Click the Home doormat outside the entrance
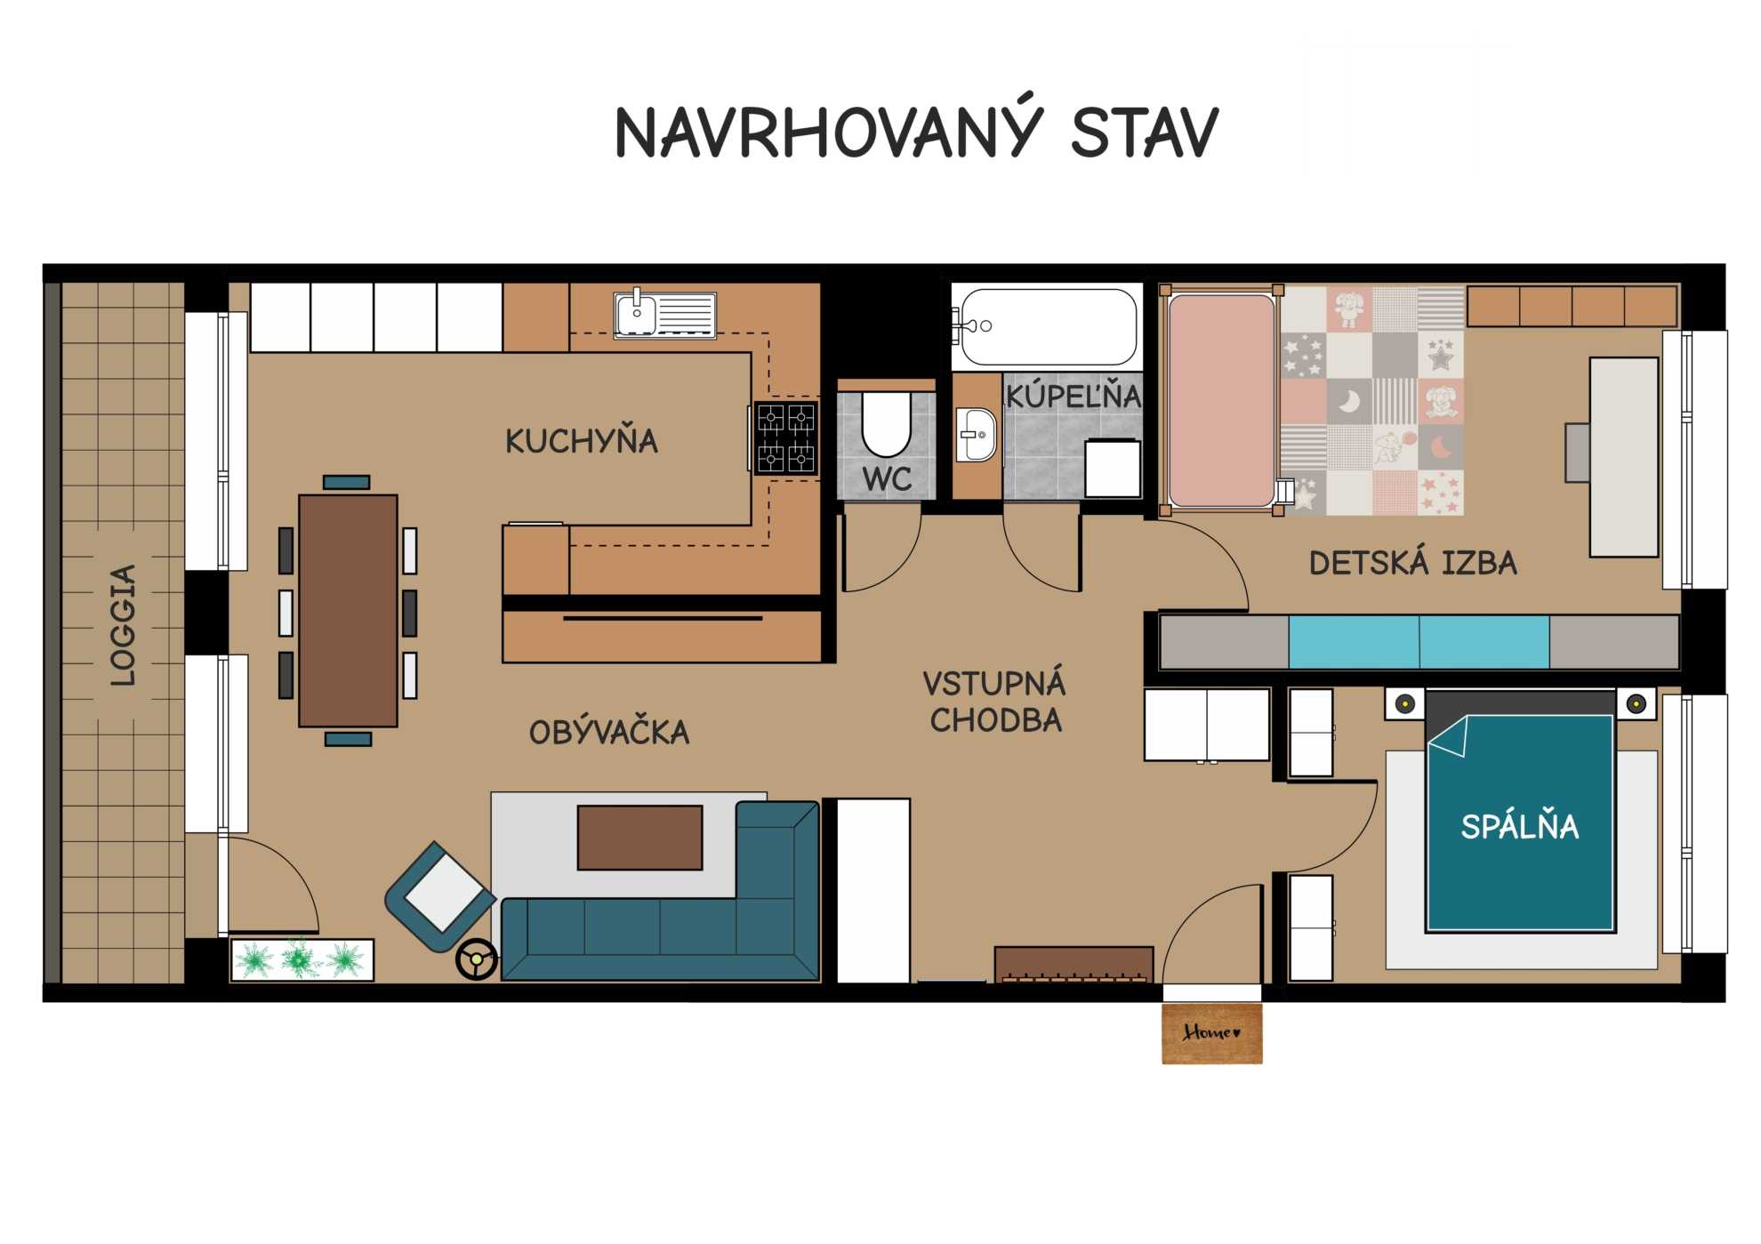click(x=1211, y=1032)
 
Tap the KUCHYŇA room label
click(x=582, y=440)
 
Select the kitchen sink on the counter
click(x=665, y=314)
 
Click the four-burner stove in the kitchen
click(x=786, y=437)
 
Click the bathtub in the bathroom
click(x=1048, y=326)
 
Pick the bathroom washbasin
click(x=977, y=435)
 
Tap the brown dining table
click(x=348, y=611)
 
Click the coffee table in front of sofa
click(x=640, y=838)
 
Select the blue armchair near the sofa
click(x=439, y=896)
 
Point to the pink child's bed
click(x=1221, y=400)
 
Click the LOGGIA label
click(x=123, y=624)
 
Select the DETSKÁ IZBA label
click(x=1413, y=563)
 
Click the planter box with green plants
click(x=302, y=959)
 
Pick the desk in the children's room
click(x=1624, y=457)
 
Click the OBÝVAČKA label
click(x=609, y=732)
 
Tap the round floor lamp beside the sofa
click(x=478, y=959)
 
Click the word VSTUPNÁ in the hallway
click(x=994, y=683)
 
